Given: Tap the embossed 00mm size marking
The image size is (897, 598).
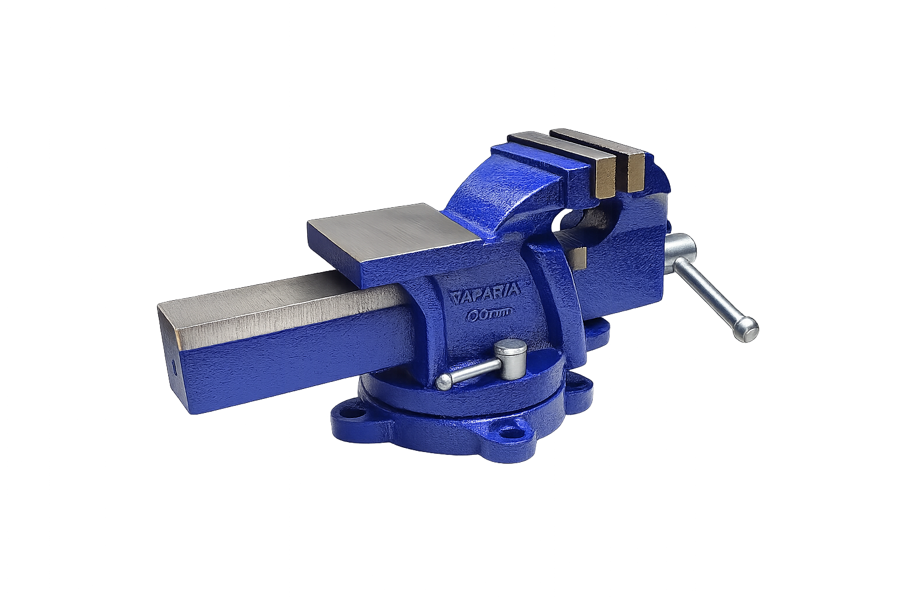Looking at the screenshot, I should point(488,314).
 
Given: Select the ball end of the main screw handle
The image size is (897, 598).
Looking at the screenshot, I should point(747,326).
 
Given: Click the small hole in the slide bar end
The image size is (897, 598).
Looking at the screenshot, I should point(174,368).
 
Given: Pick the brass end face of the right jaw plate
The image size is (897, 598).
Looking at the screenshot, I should point(635,173).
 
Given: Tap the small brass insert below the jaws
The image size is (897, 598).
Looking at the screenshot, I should point(579,258).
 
